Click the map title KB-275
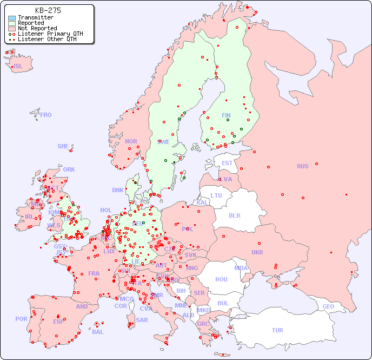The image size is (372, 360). [x=48, y=10]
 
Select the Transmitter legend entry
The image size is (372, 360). [x=35, y=18]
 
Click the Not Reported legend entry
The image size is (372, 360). [x=37, y=29]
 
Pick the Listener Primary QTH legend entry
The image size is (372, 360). [x=50, y=34]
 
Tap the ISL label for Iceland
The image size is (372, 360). [x=18, y=67]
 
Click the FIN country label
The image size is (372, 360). [x=226, y=115]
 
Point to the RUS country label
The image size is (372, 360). [x=302, y=166]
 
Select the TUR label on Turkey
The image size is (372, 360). [x=277, y=330]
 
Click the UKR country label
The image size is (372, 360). [x=257, y=252]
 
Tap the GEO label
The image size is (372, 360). [x=328, y=306]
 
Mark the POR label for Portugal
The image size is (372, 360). [x=21, y=319]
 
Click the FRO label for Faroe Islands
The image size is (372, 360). [x=46, y=115]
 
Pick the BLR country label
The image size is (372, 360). [x=234, y=215]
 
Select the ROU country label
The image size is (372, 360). [x=221, y=279]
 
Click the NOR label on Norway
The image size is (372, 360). [x=131, y=141]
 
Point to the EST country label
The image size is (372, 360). [x=227, y=163]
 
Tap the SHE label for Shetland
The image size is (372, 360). [x=63, y=146]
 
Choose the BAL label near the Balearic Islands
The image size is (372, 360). [x=97, y=332]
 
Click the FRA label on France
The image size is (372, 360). [x=94, y=273]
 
